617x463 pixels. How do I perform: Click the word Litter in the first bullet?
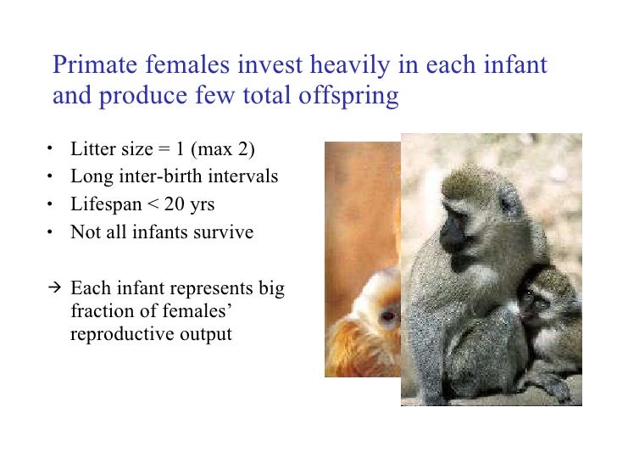(x=90, y=151)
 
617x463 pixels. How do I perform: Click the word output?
(x=203, y=334)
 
